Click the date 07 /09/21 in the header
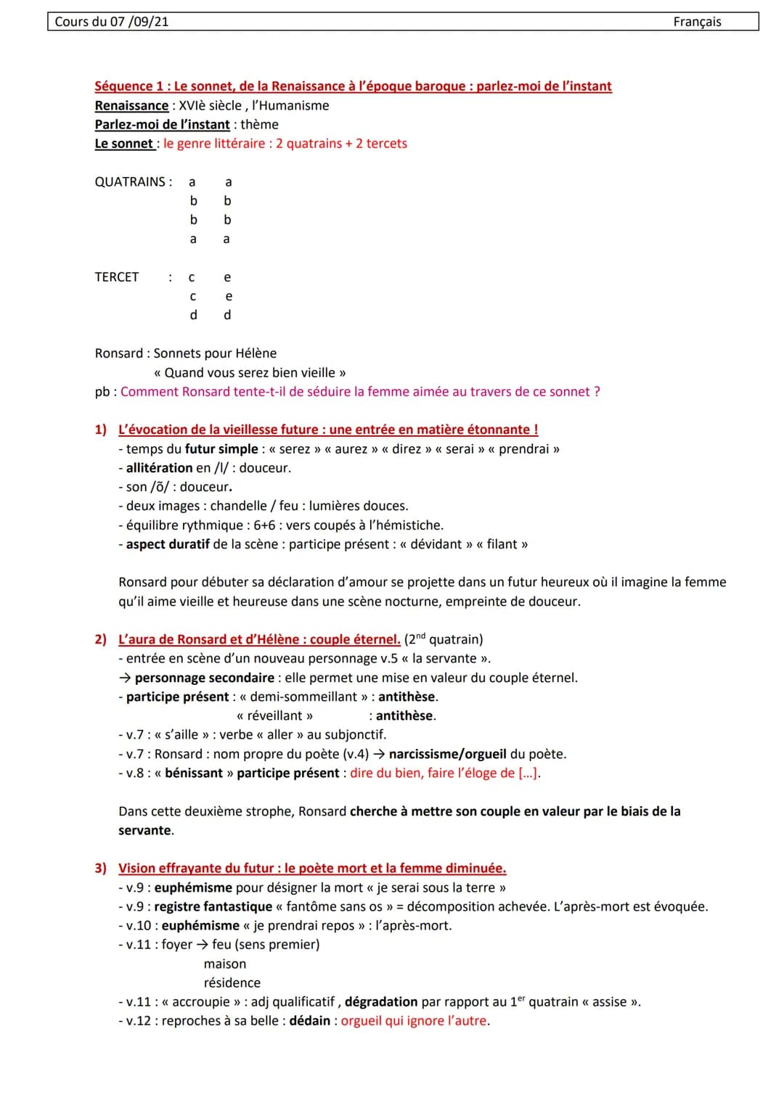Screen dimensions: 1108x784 click(x=139, y=22)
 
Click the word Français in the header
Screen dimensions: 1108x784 click(x=697, y=22)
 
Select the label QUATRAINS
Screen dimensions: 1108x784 click(x=131, y=182)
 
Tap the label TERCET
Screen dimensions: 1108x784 click(x=116, y=277)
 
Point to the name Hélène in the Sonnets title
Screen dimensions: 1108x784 click(x=256, y=353)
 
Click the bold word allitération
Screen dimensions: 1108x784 click(x=159, y=468)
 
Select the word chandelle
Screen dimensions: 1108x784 click(x=237, y=506)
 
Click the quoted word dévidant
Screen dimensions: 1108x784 click(x=436, y=544)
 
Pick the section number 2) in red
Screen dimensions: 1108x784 click(x=100, y=639)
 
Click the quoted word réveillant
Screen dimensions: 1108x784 click(x=274, y=716)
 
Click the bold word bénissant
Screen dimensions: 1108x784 click(x=194, y=773)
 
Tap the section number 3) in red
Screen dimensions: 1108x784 click(x=100, y=869)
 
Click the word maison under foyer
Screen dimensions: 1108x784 click(x=225, y=964)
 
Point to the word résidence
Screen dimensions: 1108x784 click(x=232, y=983)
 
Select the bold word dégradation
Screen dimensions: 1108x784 click(x=381, y=1002)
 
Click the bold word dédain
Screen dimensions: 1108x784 click(x=310, y=1021)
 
